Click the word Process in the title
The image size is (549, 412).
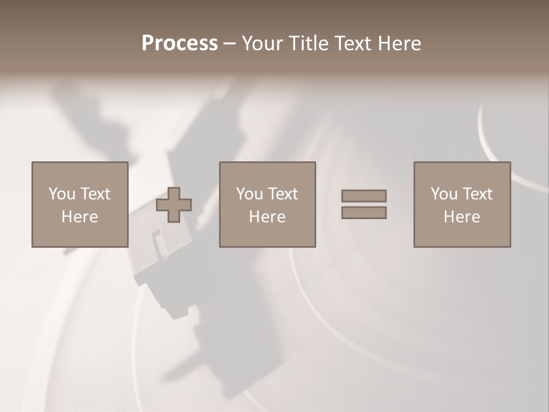[180, 43]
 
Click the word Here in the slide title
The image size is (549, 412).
[400, 43]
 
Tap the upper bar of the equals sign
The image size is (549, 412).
[364, 196]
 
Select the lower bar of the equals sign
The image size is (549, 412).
[364, 213]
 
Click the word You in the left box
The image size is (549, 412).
[62, 194]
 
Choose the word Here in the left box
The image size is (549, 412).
[79, 217]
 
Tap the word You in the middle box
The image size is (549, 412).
[249, 194]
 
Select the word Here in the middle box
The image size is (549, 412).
[267, 217]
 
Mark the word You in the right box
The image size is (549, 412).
[444, 194]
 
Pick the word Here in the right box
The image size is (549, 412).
[462, 217]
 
